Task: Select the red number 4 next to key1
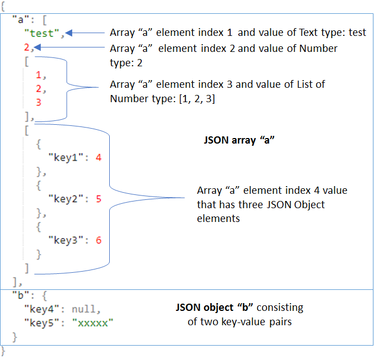(98, 157)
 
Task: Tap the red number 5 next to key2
(98, 199)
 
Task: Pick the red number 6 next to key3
(98, 240)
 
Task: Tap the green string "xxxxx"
(92, 322)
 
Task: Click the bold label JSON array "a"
(239, 140)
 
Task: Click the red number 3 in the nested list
(38, 102)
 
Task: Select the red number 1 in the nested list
(38, 75)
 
